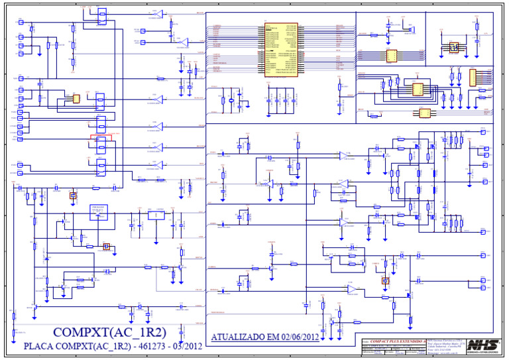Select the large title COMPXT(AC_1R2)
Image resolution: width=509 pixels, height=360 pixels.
tap(109, 331)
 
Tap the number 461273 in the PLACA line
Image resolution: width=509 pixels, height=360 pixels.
tap(155, 346)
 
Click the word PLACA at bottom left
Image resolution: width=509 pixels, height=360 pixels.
tap(40, 346)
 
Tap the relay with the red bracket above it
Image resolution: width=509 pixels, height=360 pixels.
tap(101, 144)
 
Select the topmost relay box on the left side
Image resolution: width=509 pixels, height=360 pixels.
tap(101, 15)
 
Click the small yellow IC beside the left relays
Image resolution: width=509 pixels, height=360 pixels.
tap(76, 99)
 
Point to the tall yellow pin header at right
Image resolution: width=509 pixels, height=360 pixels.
tap(473, 78)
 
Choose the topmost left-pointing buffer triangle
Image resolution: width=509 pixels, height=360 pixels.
tap(160, 13)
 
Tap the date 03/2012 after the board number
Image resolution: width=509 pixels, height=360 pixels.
tap(189, 346)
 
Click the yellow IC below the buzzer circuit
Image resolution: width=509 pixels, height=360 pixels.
tap(391, 56)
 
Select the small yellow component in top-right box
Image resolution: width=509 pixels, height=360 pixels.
tap(454, 47)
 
